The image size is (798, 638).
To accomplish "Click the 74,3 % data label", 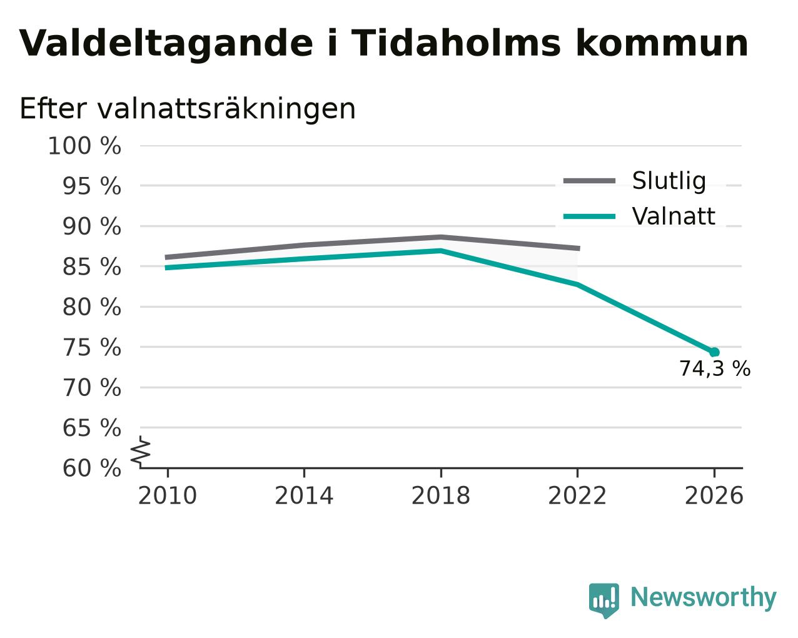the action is coord(714,369).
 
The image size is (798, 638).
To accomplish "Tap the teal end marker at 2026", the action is coord(714,352).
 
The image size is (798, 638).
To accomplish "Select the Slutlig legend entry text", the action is coord(669,181).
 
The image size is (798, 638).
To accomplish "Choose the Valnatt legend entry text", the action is coord(674,216).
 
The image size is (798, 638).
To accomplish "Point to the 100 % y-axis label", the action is coord(84,146).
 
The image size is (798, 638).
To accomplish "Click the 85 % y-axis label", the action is coord(91,266).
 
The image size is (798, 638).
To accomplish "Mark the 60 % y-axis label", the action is coord(91,468).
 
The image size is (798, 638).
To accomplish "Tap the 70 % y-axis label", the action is coord(91,388).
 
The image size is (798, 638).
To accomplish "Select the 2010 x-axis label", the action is coord(167,496).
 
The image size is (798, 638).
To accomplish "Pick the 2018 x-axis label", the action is coord(440,496).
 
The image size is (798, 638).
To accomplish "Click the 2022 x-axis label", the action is coord(577,496).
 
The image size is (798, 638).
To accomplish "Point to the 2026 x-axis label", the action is coord(714,496).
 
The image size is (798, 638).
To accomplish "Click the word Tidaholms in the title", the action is coord(456,43).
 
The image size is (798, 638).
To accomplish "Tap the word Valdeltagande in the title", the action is coord(166,44).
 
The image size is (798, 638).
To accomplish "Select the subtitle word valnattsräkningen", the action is coord(226,109).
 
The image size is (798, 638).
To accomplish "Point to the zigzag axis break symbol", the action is coord(141,452).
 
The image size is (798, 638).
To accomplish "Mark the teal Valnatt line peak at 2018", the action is coord(440,251).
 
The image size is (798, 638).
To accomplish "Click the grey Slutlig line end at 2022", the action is coord(578,248).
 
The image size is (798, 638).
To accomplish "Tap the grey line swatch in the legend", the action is coord(589,181).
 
